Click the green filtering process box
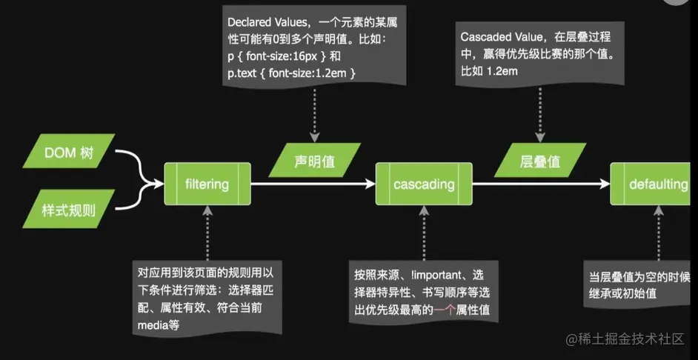click(207, 184)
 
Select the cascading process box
click(424, 184)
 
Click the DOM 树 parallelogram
click(69, 154)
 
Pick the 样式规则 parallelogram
click(69, 211)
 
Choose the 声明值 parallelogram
click(315, 160)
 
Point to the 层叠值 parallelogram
click(538, 161)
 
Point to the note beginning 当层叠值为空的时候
click(639, 285)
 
